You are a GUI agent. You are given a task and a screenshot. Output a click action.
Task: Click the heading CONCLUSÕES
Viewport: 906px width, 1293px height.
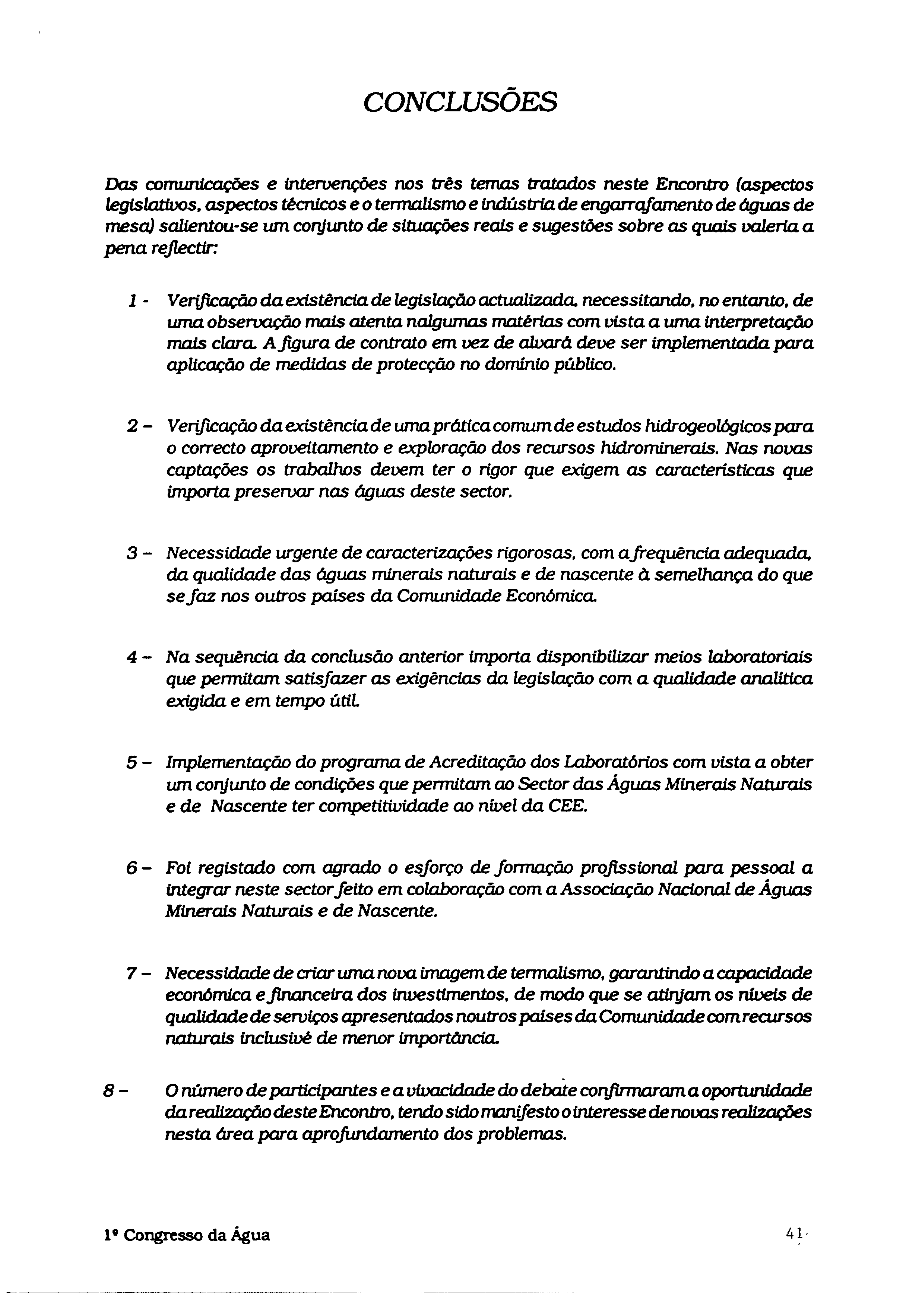(x=460, y=102)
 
